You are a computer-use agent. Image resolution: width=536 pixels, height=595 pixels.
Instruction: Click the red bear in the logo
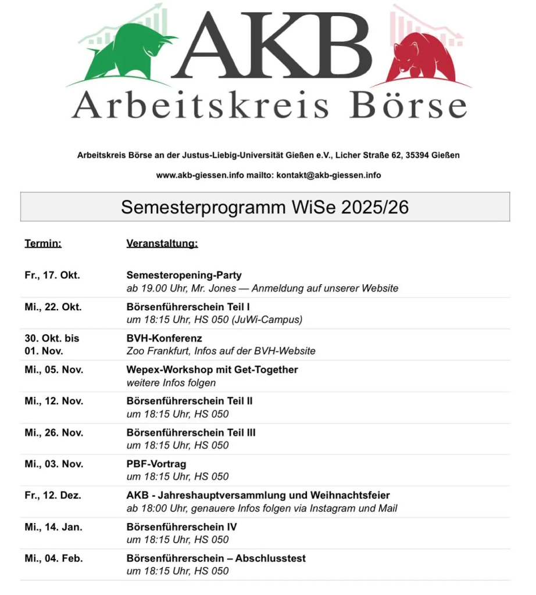420,58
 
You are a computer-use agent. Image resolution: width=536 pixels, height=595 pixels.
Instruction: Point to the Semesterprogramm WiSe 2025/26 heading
265,207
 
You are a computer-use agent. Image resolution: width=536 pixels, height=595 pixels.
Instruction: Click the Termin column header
43,243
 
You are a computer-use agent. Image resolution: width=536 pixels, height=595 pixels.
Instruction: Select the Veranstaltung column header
162,243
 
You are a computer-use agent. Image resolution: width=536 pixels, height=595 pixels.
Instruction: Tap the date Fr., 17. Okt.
52,275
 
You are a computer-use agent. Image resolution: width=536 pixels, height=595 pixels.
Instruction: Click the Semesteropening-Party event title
184,275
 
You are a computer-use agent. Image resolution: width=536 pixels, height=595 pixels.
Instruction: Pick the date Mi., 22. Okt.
53,307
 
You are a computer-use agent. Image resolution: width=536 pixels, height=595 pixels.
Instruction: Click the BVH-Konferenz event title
165,338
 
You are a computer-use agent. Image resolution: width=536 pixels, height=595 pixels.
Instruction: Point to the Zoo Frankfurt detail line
221,351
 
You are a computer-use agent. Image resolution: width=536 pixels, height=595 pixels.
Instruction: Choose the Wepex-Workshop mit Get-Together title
212,370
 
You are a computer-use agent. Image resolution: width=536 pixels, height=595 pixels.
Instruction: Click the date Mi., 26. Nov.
53,432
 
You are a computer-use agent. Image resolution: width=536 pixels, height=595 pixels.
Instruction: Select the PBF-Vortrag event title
156,464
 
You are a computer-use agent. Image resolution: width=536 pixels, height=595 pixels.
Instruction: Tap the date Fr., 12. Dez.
53,495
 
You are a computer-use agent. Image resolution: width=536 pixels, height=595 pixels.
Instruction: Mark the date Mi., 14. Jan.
53,526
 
